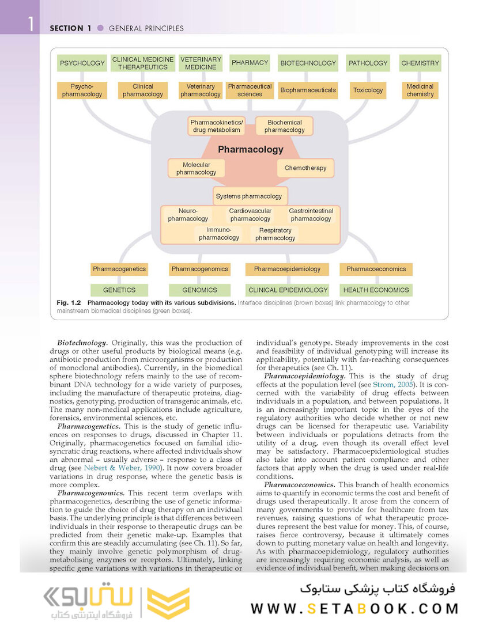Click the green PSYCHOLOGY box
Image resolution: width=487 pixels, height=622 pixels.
coord(82,63)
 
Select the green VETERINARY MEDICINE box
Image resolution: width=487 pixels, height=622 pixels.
coord(201,63)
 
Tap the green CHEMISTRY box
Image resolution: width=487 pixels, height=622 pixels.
coord(420,63)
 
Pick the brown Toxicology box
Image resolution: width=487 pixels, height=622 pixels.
coord(368,90)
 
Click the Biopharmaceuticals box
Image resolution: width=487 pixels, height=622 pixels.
coord(308,90)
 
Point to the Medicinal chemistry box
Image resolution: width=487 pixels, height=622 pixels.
coord(420,90)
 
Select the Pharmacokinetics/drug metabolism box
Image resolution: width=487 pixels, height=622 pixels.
coord(217,126)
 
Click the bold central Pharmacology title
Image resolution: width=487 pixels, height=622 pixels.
coord(251,150)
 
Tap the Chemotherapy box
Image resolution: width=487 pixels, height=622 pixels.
coord(305,168)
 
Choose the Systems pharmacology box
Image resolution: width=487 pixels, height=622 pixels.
coord(249,196)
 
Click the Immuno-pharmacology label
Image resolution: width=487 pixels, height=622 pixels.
coord(219,234)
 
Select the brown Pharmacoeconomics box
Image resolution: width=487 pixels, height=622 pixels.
coord(376,269)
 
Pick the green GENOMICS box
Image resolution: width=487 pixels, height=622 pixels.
coord(199,290)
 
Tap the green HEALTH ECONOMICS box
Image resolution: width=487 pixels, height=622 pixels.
coord(376,290)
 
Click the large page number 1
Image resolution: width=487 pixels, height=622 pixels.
coord(30,25)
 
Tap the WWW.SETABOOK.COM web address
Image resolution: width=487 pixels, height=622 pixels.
coord(354,608)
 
